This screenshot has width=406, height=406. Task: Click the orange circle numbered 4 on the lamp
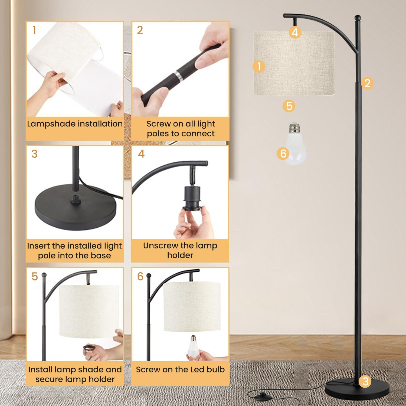coord(295,32)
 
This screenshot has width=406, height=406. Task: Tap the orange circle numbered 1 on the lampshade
coord(259,66)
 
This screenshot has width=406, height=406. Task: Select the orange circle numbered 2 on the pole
coord(367,83)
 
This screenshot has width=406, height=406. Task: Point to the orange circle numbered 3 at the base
coord(365,381)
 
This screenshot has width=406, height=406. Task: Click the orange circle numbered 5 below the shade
coord(289,106)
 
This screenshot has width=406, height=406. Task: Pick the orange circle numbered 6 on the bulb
coord(283,153)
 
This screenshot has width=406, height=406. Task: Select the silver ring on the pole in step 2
coord(178,76)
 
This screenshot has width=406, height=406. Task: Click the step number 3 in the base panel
coord(34,154)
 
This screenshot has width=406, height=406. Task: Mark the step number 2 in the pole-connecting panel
coord(140,30)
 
